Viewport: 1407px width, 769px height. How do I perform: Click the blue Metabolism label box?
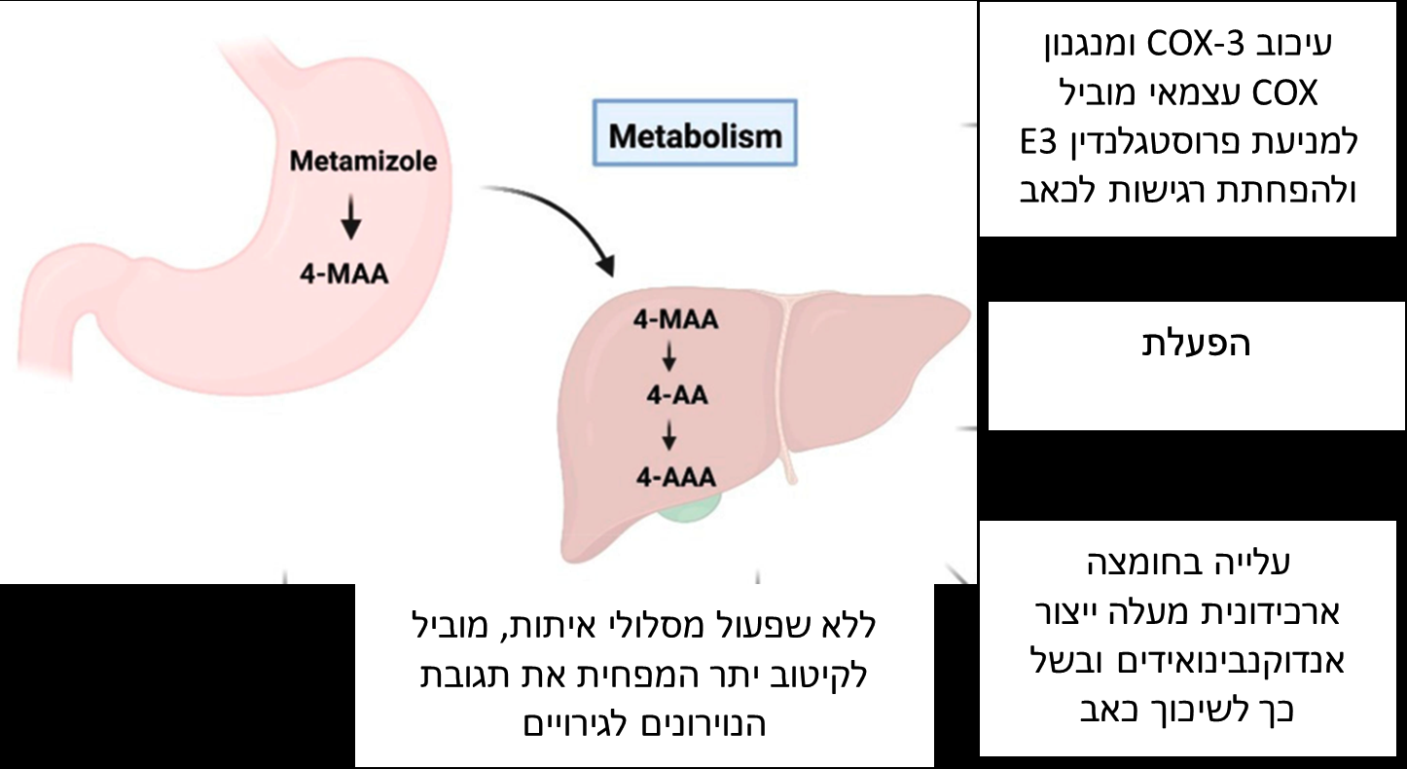point(695,135)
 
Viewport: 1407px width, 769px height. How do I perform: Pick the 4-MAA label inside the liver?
point(674,319)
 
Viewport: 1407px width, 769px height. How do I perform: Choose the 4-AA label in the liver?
point(673,396)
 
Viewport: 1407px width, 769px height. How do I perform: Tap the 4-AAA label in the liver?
point(673,476)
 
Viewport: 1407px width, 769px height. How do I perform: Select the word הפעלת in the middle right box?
point(1196,344)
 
